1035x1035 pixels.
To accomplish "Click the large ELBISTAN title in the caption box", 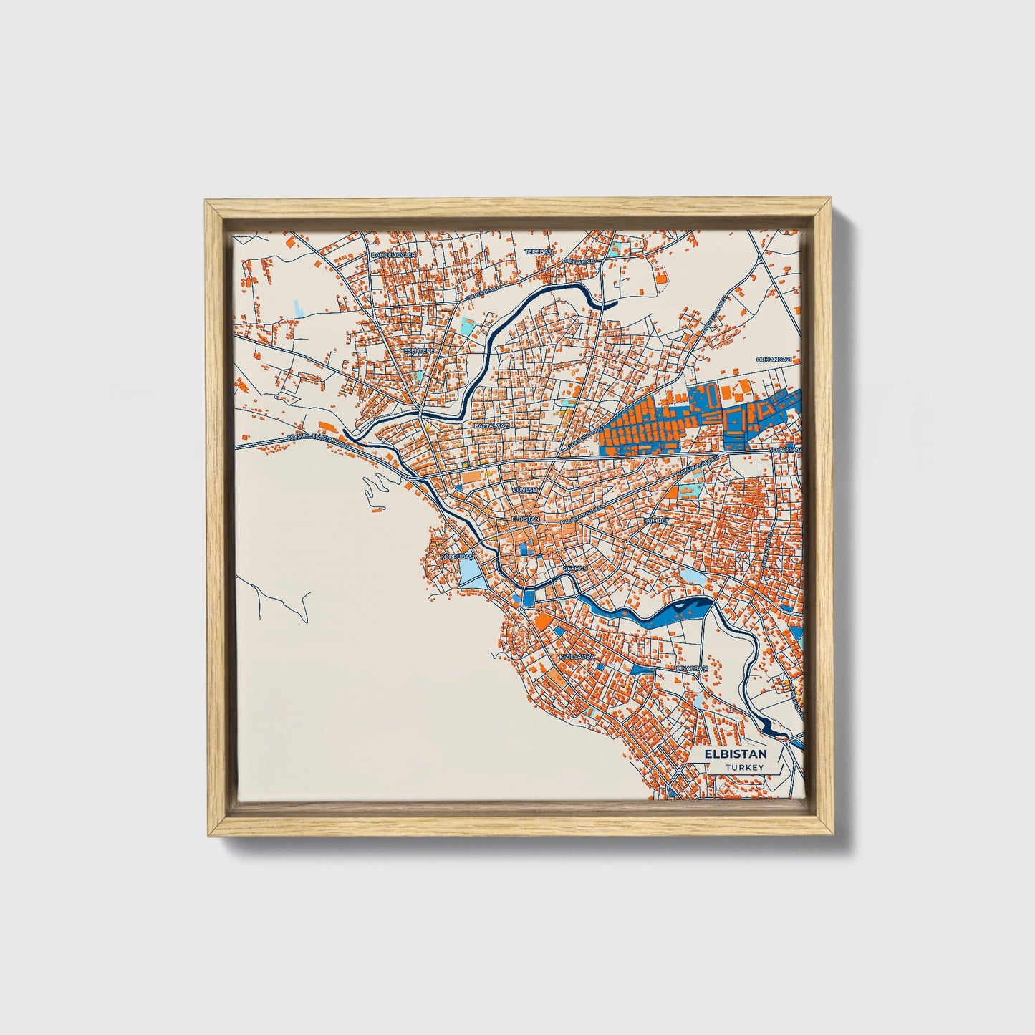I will [735, 754].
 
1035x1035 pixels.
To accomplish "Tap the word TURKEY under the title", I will [743, 767].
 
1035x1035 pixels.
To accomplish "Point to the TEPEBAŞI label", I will [539, 252].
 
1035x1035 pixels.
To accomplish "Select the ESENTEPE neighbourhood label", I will [419, 351].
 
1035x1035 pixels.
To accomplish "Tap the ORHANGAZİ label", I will [774, 359].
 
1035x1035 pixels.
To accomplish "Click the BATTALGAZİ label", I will [491, 425].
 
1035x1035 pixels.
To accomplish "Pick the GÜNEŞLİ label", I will [525, 489].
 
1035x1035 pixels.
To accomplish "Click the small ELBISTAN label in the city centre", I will [525, 518].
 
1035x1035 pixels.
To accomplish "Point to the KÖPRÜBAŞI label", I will [458, 556].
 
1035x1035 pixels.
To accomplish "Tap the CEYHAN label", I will [575, 567].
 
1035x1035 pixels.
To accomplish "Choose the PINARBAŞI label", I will [692, 668].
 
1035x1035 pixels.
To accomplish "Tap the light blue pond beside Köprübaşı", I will [469, 571].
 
